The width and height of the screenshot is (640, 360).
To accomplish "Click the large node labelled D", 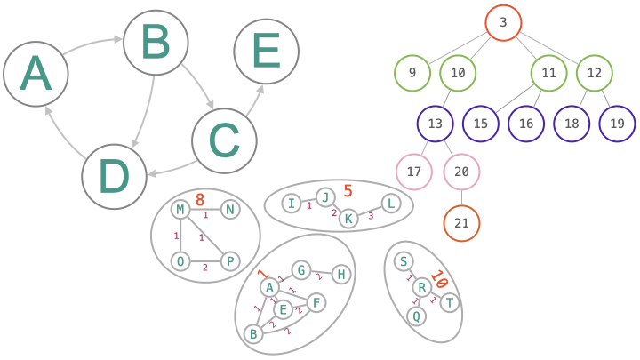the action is click(114, 177).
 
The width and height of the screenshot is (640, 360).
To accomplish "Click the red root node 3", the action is click(503, 23).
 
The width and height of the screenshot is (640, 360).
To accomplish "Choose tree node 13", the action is click(436, 124).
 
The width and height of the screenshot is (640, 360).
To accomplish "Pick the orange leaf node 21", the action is click(461, 223).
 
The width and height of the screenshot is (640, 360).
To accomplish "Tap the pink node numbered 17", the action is click(413, 171).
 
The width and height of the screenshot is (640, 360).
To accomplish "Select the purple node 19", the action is click(617, 124).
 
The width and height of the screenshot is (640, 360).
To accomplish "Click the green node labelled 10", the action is click(459, 74).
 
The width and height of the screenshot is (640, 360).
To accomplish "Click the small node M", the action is click(181, 210).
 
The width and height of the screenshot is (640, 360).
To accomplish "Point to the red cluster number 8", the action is click(200, 200).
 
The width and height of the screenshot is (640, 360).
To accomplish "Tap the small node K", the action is click(348, 218).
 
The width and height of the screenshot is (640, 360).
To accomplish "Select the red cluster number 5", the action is click(348, 190).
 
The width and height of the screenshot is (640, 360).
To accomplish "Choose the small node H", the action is click(340, 275).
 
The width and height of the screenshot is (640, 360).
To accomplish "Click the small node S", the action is click(404, 261).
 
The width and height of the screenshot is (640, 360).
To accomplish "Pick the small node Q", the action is click(415, 315).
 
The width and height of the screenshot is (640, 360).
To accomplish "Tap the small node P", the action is click(229, 260).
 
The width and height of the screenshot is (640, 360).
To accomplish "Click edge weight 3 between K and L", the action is click(371, 216).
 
